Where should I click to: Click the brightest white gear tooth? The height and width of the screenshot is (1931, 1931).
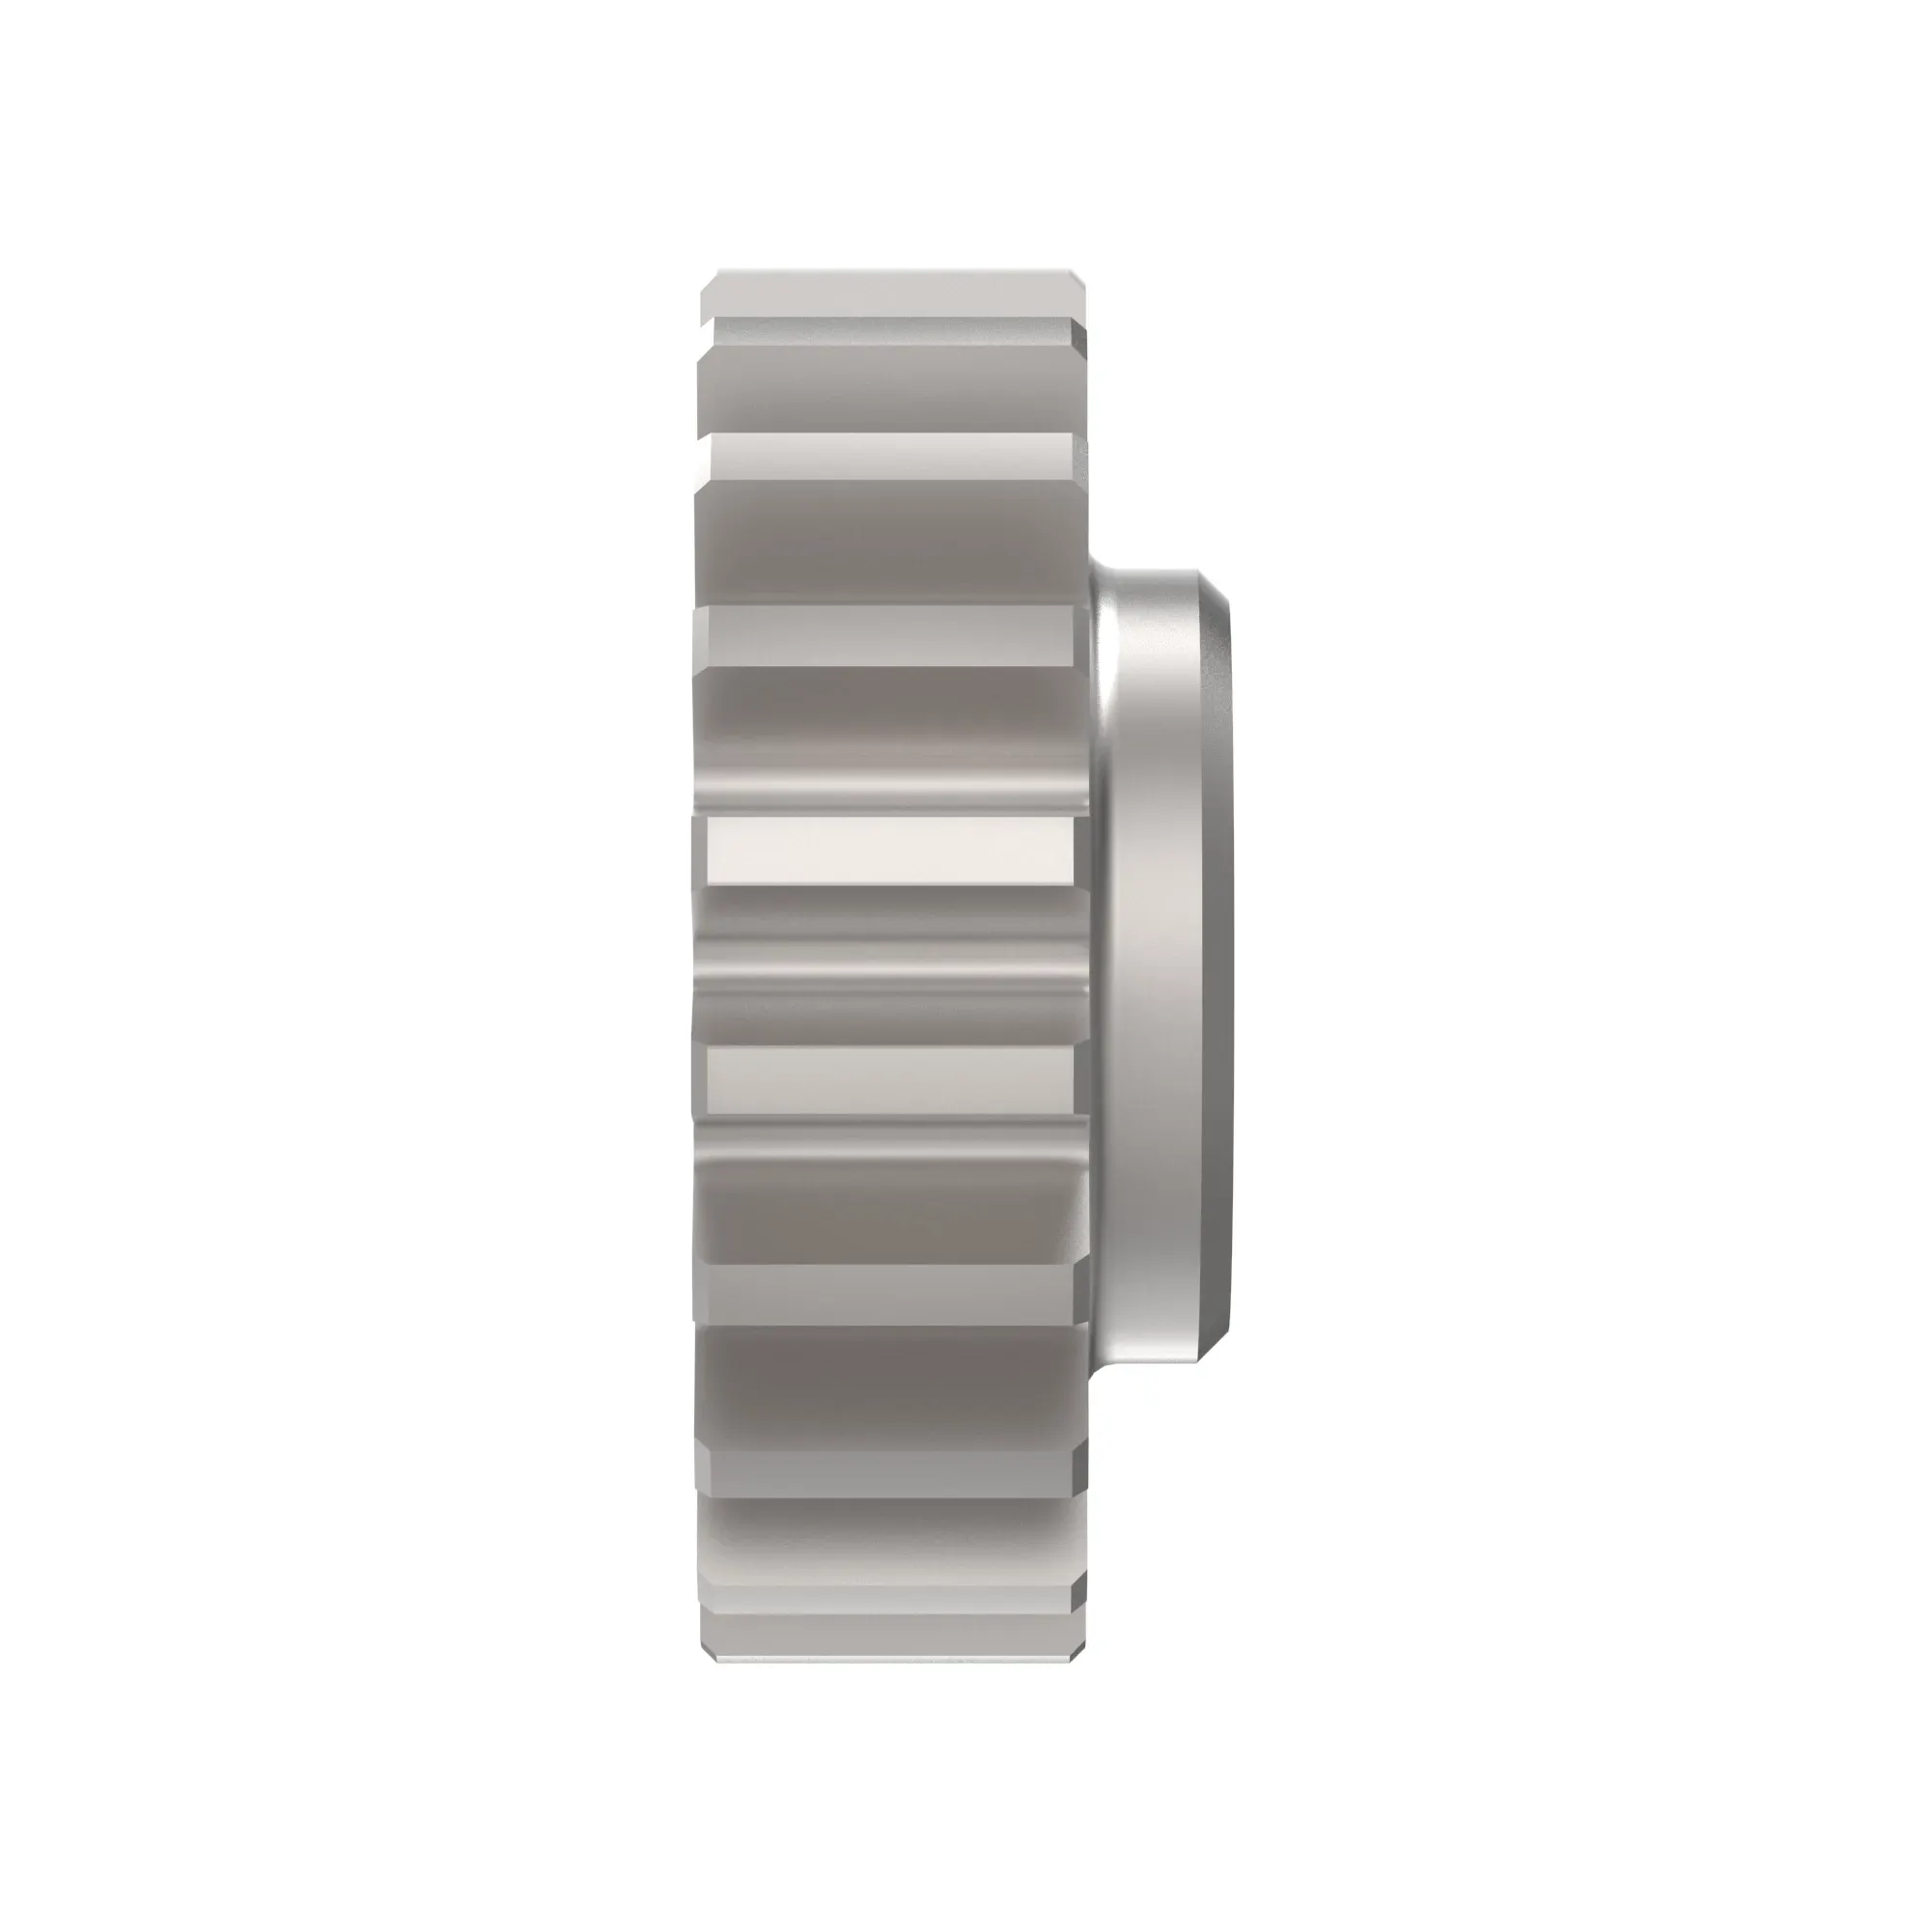889,850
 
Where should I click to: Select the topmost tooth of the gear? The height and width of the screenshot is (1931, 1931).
889,293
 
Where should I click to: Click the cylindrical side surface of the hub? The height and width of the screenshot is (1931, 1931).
1164,965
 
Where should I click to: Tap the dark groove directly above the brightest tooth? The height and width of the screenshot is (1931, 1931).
889,740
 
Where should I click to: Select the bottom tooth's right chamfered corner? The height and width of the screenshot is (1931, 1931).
1079,1637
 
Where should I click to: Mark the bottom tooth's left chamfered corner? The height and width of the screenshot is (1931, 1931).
706,1637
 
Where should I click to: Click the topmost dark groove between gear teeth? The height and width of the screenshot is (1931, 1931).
889,390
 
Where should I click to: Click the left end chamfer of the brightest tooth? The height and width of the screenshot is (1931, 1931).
700,850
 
